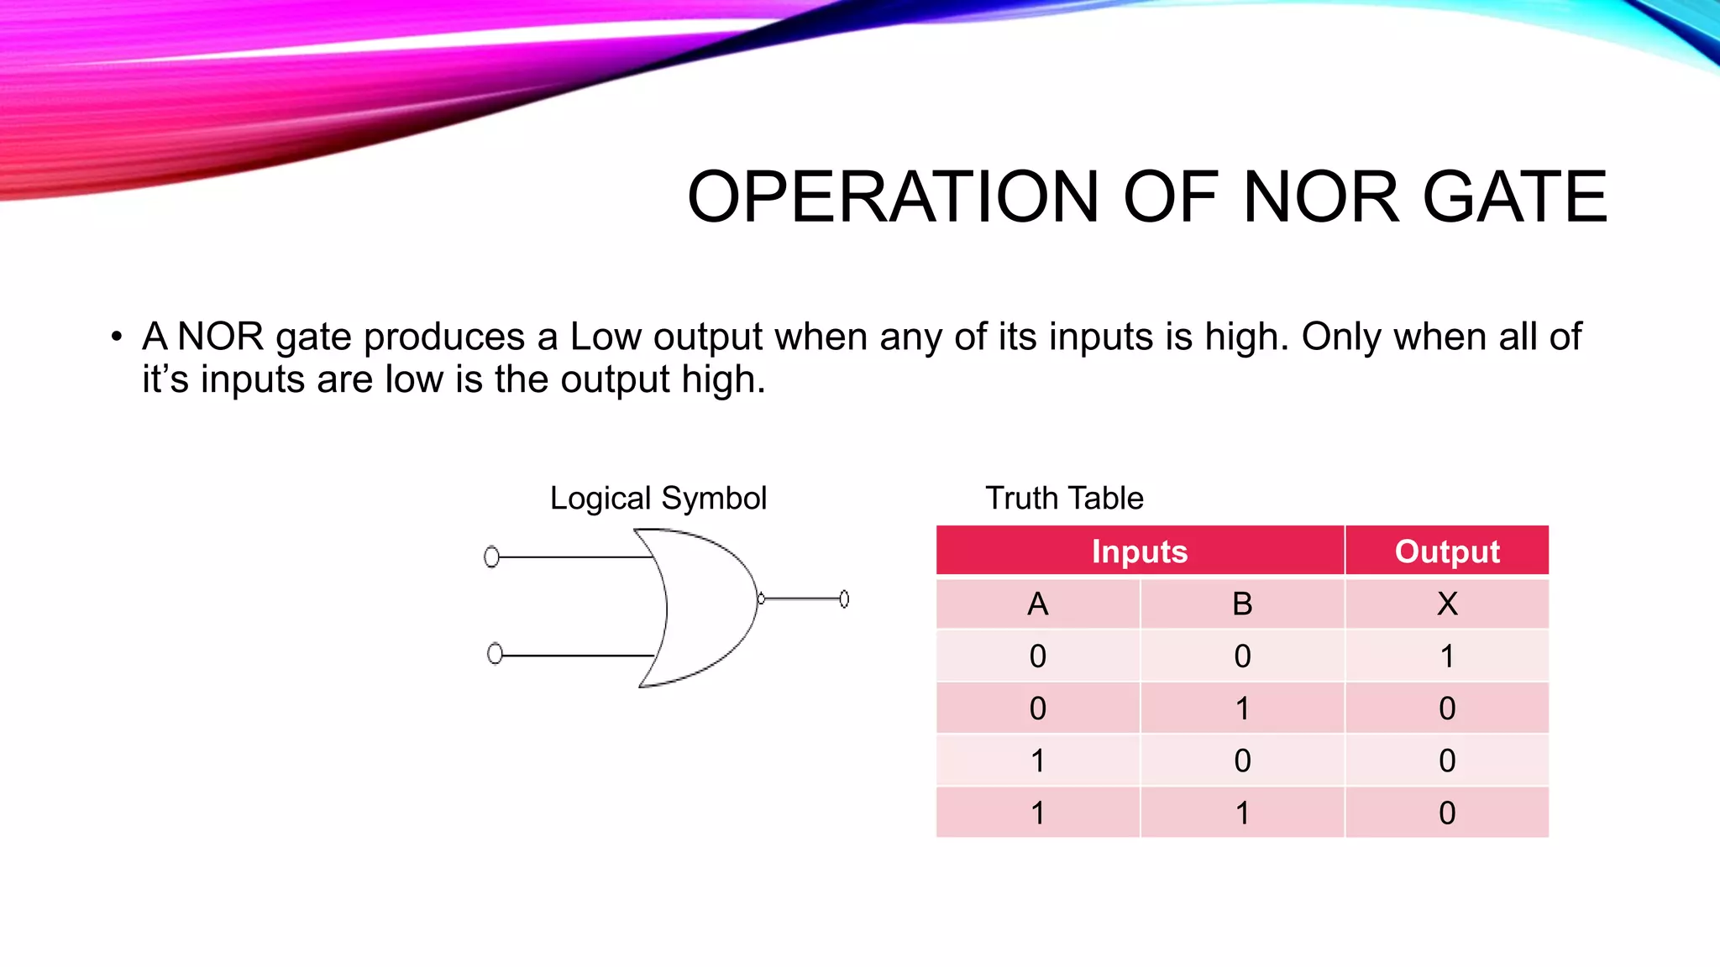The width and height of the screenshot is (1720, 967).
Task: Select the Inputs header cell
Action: [1140, 551]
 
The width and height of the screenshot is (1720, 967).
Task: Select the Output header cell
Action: [1446, 551]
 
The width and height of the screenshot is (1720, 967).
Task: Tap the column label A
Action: [1038, 604]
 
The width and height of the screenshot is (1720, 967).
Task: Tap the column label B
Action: [1242, 604]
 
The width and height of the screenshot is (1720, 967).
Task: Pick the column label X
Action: [1446, 604]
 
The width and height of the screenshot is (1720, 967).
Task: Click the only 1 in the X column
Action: [1446, 656]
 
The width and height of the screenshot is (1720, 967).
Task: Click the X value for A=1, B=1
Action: [1446, 813]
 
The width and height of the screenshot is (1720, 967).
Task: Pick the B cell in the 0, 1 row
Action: [1242, 708]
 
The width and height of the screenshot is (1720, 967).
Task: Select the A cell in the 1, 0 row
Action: [1038, 761]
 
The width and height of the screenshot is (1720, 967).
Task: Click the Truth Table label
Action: [1064, 499]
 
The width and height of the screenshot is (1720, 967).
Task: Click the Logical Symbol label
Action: [658, 499]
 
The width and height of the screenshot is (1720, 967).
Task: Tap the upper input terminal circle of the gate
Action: [492, 557]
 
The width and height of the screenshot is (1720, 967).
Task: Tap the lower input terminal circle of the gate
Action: [495, 653]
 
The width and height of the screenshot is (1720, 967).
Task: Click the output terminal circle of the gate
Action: [844, 598]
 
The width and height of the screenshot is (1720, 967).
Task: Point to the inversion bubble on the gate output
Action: [761, 598]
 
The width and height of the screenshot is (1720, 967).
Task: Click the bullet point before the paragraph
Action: [117, 337]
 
